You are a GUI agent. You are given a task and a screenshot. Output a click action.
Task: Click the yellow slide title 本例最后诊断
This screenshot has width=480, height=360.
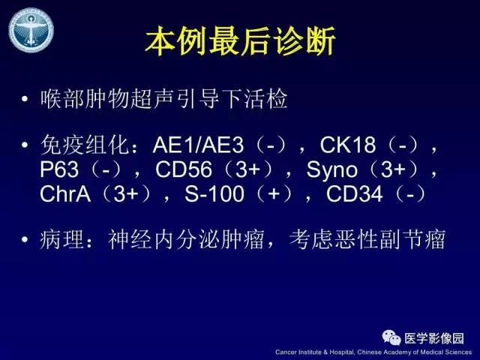pos(240,43)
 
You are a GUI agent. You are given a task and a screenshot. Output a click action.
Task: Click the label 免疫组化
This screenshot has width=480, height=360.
pos(85,144)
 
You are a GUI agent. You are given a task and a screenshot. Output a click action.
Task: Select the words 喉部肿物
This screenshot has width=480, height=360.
pos(85,100)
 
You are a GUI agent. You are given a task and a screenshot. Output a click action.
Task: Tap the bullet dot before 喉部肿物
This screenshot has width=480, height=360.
pos(25,100)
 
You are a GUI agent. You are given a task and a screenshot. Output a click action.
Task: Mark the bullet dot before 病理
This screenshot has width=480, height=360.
pos(25,241)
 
